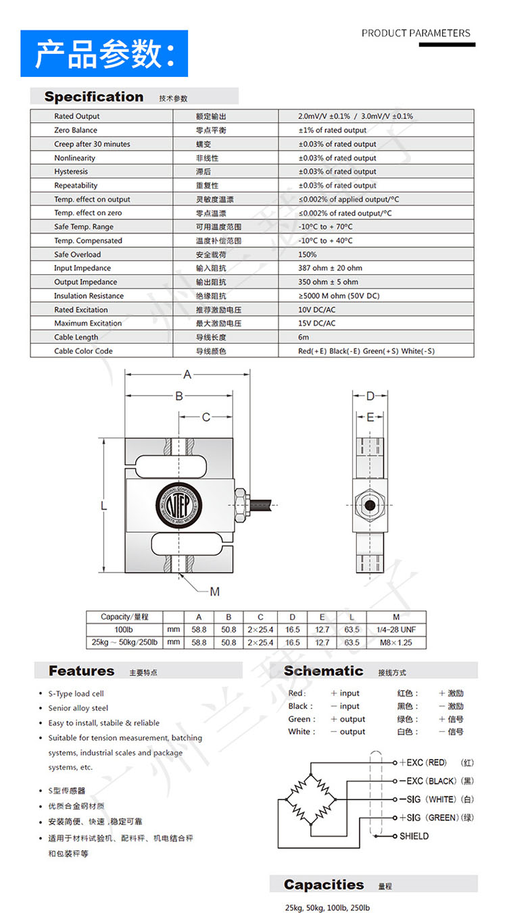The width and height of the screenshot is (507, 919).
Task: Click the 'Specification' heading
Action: coord(94,97)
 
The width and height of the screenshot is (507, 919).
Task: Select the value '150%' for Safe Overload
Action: coord(308,255)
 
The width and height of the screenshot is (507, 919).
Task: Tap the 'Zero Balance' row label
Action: coord(76,130)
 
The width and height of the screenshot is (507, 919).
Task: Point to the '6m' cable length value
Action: coord(304,337)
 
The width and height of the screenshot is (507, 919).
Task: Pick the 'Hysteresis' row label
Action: coord(71,172)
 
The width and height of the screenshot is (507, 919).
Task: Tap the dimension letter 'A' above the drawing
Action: coord(188,375)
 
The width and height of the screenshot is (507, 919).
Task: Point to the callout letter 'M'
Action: coord(214,592)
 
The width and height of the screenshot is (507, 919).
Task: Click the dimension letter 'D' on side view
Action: coord(370,396)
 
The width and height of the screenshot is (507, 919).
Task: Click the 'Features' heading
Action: coord(81,671)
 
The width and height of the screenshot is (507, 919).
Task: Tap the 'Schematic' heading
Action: coord(323,671)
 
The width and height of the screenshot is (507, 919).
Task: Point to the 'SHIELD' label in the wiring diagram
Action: coord(414,836)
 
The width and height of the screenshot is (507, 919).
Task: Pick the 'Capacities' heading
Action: coord(323,885)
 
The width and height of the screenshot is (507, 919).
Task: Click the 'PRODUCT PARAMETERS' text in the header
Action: coord(416,33)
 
